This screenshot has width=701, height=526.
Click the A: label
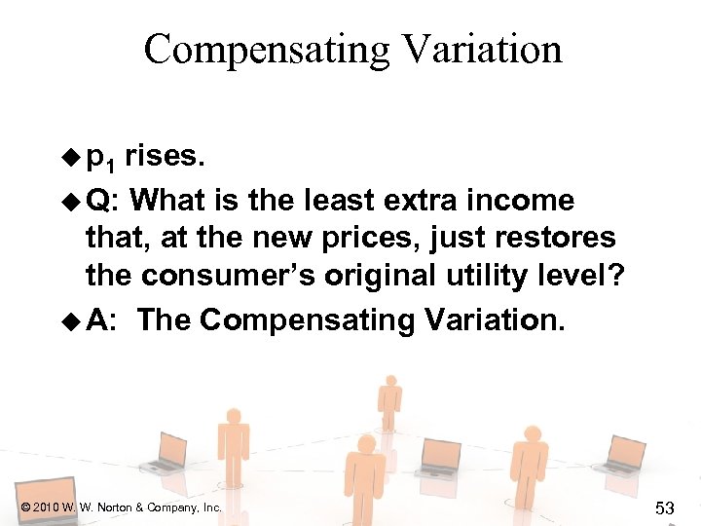point(102,320)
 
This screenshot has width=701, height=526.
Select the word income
point(529,201)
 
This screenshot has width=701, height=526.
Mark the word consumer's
point(211,277)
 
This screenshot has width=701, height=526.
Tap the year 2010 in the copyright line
point(46,507)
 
